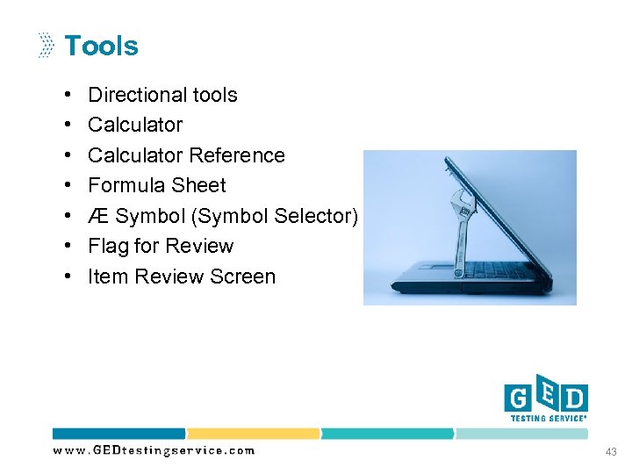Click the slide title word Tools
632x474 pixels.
pos(101,46)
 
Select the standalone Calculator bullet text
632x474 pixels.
pos(135,125)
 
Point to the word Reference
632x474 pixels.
pos(237,155)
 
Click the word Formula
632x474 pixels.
pos(127,185)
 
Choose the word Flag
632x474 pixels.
pos(107,246)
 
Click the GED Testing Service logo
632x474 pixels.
pos(545,402)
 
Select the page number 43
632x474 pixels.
pos(611,451)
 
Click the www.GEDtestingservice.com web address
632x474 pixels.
pos(154,450)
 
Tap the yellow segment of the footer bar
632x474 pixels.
pos(253,434)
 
